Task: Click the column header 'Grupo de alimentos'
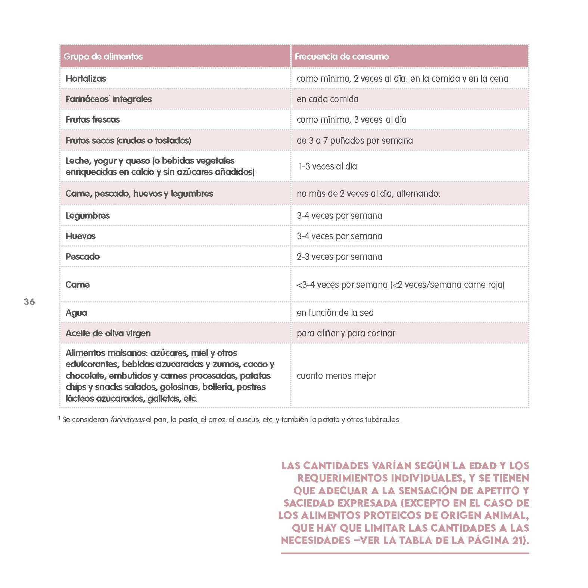click(x=103, y=57)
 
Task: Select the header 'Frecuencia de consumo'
click(x=342, y=57)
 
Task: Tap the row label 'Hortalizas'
click(x=85, y=79)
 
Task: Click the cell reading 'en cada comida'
click(x=327, y=99)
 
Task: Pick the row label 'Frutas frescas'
click(x=93, y=120)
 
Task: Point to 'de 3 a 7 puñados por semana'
click(x=355, y=141)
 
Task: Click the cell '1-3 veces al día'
click(x=328, y=167)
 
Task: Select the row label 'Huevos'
click(x=80, y=236)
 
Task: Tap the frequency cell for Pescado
click(x=339, y=257)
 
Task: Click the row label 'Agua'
click(x=76, y=313)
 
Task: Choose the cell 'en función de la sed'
click(x=335, y=313)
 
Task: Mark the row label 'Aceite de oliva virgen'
click(x=108, y=333)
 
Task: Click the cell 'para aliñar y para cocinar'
click(x=346, y=333)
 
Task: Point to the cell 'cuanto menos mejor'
click(x=336, y=376)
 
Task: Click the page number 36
click(x=29, y=302)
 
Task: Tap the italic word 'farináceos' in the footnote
click(x=127, y=420)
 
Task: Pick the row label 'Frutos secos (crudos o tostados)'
click(x=128, y=141)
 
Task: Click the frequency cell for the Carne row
click(x=400, y=285)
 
